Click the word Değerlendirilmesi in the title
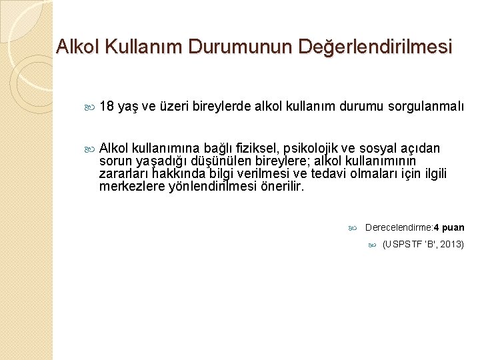tap(377, 47)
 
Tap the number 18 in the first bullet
tap(106, 106)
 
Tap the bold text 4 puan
tap(449, 227)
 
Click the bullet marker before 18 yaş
tap(91, 107)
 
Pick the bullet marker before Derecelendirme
tap(354, 228)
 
